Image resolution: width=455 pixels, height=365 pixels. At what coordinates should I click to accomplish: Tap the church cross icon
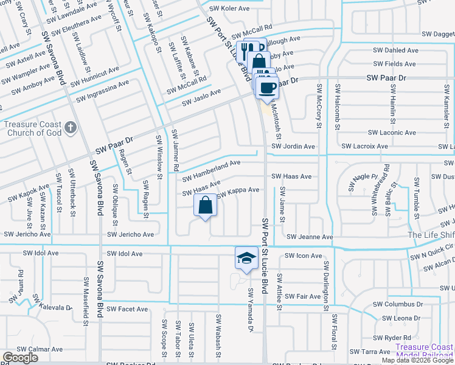[x=71, y=127]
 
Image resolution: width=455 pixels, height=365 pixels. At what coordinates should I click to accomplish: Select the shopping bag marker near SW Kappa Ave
[x=206, y=206]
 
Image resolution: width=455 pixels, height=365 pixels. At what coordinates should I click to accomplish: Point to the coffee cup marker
[x=266, y=88]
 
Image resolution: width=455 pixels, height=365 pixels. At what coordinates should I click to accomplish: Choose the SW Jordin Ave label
[x=293, y=147]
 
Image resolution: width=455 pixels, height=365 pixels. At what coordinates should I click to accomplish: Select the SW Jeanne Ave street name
[x=310, y=237]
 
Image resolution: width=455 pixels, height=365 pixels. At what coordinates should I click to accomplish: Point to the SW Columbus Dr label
[x=398, y=304]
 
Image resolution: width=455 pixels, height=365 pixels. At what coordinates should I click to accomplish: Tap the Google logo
[x=20, y=358]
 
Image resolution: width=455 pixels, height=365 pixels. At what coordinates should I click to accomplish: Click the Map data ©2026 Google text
[x=417, y=360]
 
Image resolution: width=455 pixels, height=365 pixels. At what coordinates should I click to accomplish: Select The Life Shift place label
[x=431, y=235]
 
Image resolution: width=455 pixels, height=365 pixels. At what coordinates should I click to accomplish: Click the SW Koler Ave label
[x=229, y=9]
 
